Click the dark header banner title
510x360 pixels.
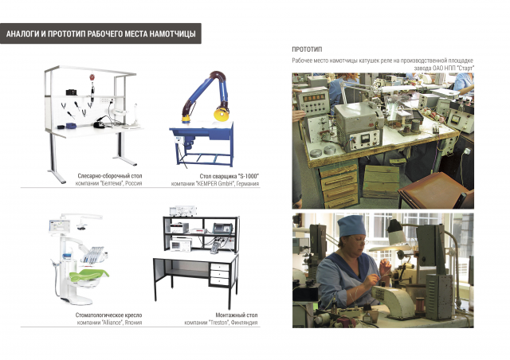pos(101,33)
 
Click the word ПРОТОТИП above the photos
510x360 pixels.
pos(307,49)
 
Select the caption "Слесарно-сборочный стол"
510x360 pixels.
pos(110,176)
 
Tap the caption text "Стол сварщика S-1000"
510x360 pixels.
pos(229,176)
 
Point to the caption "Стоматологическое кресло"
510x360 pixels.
pos(108,315)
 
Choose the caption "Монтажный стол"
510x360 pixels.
pos(237,315)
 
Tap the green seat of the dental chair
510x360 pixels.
pos(88,275)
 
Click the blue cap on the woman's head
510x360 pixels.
pos(351,225)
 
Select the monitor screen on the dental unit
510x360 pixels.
pos(60,226)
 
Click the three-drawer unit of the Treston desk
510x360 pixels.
pos(220,274)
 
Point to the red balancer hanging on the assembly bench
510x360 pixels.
pos(92,77)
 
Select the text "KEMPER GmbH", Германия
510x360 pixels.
pos(215,184)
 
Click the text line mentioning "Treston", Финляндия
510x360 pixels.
pos(221,323)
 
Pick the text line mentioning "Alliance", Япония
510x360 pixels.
pos(109,323)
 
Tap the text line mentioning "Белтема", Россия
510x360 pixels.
pos(108,183)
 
